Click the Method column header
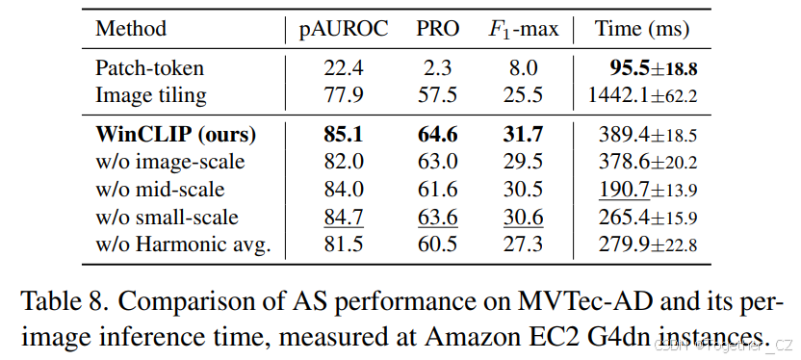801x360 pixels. (130, 29)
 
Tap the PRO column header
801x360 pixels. (437, 29)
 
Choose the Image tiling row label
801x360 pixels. (150, 95)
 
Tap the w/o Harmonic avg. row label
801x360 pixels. (183, 244)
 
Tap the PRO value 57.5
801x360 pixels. (438, 95)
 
